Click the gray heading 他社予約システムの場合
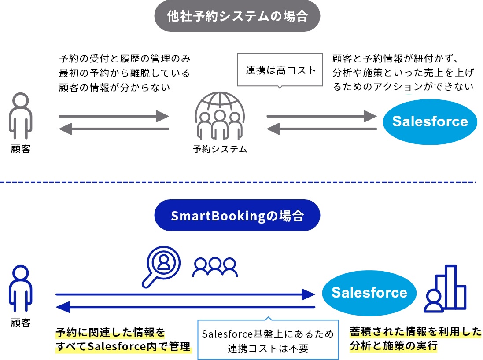click(237, 16)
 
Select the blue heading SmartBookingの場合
click(237, 216)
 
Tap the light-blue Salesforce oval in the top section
click(430, 121)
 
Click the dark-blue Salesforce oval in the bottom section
click(369, 293)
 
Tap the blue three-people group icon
click(215, 268)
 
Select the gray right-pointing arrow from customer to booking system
click(114, 117)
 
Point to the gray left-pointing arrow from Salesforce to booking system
click(322, 129)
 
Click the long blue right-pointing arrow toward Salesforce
click(185, 294)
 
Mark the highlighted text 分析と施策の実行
click(393, 346)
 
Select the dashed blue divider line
click(238, 182)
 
